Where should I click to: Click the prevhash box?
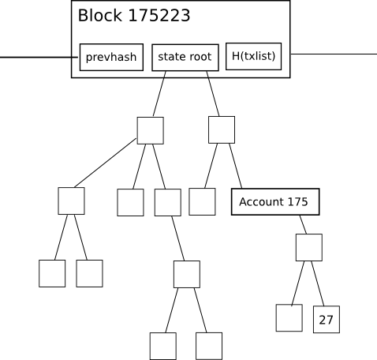coord(111,57)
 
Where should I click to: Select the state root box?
coord(185,58)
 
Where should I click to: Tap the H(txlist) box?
coord(253,56)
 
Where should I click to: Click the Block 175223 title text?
coord(134,16)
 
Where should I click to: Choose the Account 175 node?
coord(275,201)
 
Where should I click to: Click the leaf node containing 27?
coord(327,319)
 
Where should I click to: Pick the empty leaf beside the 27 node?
coord(289,318)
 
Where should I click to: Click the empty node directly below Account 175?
coord(309,247)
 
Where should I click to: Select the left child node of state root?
coord(150,130)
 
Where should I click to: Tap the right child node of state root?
coord(222,129)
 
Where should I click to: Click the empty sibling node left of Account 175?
coord(202,201)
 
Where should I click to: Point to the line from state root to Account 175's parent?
coord(213,93)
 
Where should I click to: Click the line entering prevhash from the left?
coord(39,57)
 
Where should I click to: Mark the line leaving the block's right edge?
coord(334,54)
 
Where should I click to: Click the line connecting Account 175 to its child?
coord(303,224)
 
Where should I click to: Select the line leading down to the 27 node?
coord(318,283)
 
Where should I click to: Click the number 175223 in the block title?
coord(159,16)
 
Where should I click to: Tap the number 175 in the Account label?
coord(297,202)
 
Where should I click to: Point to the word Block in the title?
coord(99,16)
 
